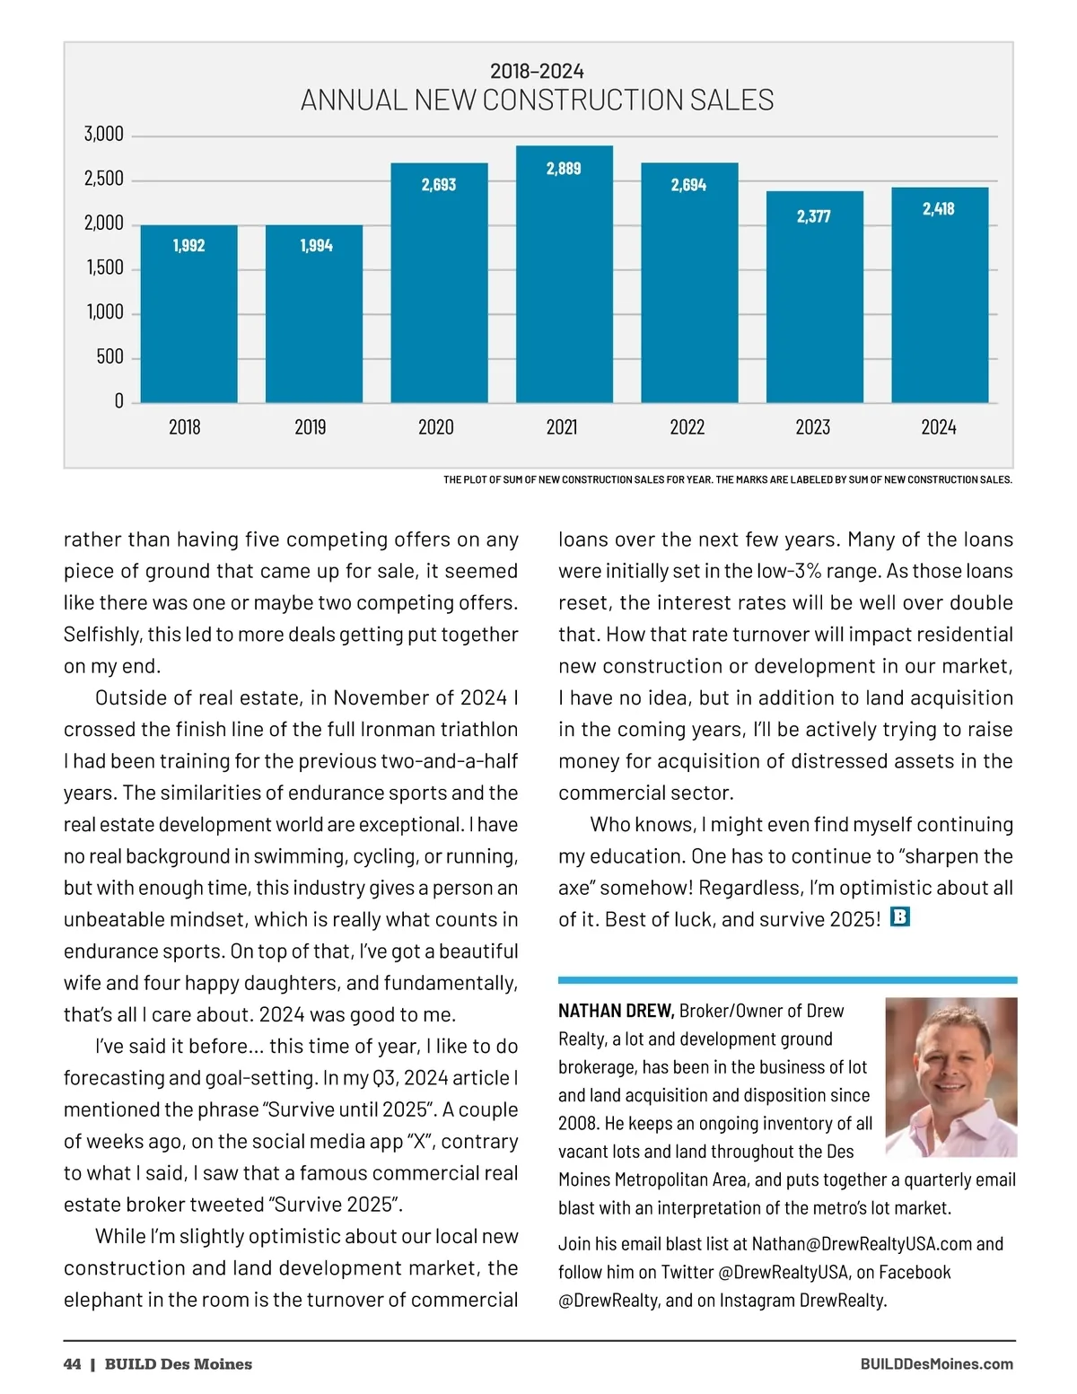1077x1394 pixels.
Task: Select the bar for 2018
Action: coord(189,313)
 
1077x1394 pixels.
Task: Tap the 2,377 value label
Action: coord(813,216)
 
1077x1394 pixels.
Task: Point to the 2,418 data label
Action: coord(938,209)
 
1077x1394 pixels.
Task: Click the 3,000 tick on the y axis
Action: coord(104,135)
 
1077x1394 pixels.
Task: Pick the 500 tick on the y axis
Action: coord(110,357)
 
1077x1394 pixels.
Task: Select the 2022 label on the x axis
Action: coord(687,427)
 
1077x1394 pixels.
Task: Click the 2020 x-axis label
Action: coord(436,427)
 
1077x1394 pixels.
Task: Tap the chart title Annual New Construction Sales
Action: coord(537,100)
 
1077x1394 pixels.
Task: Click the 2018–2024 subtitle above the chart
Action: coord(537,71)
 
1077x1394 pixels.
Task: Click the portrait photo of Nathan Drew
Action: coord(950,1076)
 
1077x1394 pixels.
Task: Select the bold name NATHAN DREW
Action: coord(616,1011)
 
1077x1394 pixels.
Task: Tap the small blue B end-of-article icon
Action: coord(899,917)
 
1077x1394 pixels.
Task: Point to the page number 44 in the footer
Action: coord(72,1364)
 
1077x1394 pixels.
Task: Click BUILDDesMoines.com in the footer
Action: coord(936,1364)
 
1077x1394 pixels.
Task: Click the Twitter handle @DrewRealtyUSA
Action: coord(784,1272)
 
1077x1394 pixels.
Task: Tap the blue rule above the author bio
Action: coord(787,979)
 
